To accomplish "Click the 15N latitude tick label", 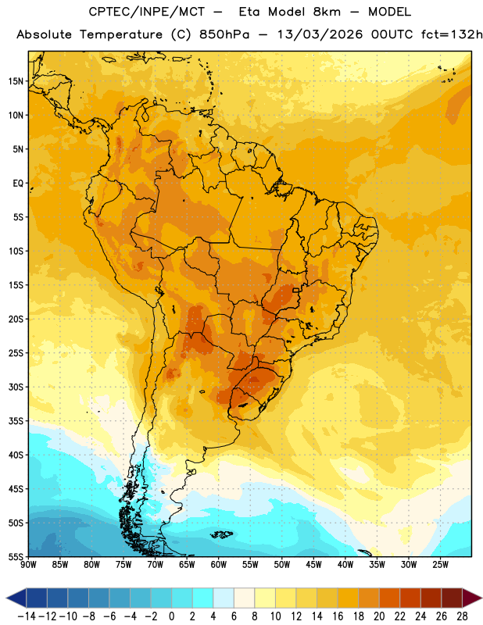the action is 16,81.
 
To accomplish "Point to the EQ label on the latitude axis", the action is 18,184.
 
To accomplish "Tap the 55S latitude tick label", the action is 16,556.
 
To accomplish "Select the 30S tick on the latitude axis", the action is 16,387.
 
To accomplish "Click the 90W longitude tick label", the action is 29,564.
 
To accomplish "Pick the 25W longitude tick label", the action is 440,564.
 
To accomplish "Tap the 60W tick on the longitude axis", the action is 219,564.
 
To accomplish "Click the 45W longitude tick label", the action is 314,564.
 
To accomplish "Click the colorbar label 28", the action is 462,616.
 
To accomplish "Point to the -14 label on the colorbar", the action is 27,616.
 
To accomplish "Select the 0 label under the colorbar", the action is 171,616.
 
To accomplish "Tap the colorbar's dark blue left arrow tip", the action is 7,598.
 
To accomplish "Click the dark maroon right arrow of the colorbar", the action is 472,598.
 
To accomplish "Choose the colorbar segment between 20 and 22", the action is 390,598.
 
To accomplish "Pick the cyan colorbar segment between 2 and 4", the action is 202,598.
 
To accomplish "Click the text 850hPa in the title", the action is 224,34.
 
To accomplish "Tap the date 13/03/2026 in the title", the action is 320,34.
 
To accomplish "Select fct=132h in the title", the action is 452,34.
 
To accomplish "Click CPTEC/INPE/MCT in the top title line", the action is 146,12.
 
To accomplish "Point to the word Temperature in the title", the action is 120,35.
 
